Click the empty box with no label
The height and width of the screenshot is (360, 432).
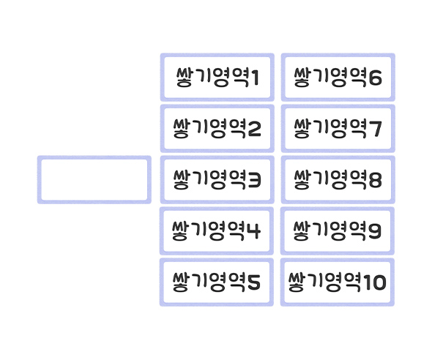[x=94, y=179]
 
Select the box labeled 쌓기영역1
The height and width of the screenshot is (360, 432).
[x=217, y=77]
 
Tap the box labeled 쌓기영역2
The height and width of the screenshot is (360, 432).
[x=217, y=129]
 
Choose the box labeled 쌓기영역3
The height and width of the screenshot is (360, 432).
[x=217, y=179]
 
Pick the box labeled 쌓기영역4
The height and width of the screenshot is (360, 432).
[x=217, y=230]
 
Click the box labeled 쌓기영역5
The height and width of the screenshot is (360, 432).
[x=217, y=282]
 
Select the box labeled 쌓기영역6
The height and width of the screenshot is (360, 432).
[x=338, y=77]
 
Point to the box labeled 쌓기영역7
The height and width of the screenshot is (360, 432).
[x=338, y=129]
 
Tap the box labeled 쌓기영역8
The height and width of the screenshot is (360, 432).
[x=338, y=179]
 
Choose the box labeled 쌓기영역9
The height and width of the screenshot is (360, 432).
[x=338, y=230]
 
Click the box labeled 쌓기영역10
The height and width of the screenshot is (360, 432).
[x=338, y=282]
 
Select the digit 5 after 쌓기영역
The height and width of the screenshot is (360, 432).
[x=254, y=282]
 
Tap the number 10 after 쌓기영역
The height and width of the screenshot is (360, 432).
[x=374, y=282]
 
